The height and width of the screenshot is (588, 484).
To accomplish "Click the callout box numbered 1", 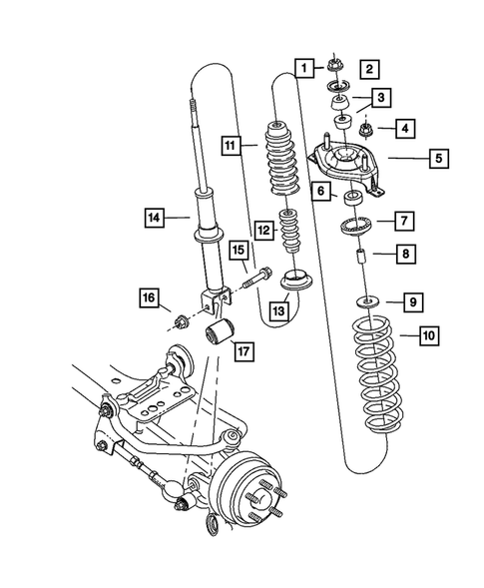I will coord(301,67).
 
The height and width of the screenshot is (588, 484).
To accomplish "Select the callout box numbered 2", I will coord(368,69).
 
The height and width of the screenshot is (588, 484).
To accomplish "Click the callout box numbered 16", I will coord(148,296).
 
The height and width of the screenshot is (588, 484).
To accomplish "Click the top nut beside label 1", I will coord(331,66).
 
